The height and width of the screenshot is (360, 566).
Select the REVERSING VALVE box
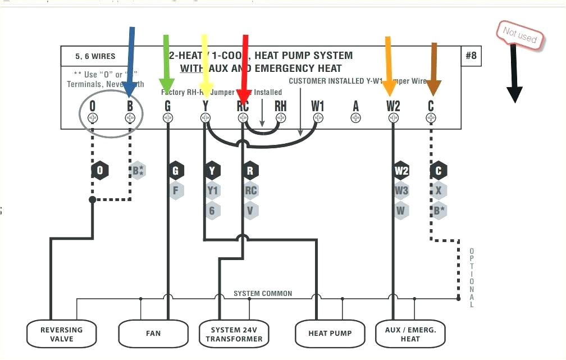coord(62,334)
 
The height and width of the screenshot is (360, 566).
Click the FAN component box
coord(153,334)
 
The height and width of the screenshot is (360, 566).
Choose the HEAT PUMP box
coord(330,334)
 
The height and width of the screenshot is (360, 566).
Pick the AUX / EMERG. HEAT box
coord(410,334)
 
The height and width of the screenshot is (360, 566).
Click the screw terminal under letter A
coord(355,118)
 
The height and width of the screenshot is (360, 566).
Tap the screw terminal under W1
coord(318,118)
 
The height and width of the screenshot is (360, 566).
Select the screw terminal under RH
coord(280,118)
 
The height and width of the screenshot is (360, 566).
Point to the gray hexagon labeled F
coord(175,190)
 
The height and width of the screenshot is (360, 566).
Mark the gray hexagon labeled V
coord(250,211)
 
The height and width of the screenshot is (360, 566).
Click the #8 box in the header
coord(471,56)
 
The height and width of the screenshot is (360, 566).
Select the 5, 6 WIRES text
coord(95,56)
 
